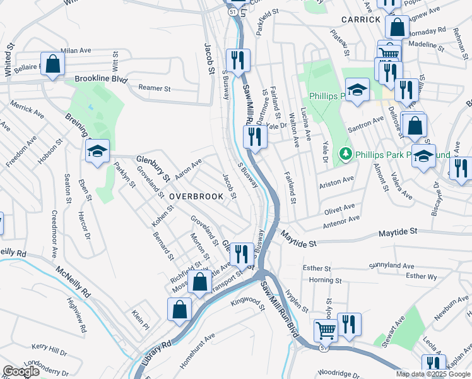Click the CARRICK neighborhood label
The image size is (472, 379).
[x=361, y=20]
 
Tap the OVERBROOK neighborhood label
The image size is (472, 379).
[x=196, y=196]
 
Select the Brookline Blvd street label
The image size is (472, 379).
[x=101, y=80]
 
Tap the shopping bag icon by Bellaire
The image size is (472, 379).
[x=53, y=64]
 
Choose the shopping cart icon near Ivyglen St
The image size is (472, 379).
[x=326, y=329]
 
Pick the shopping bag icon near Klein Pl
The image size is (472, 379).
[x=179, y=310]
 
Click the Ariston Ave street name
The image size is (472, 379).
[x=336, y=182]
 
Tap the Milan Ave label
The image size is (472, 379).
[x=76, y=50]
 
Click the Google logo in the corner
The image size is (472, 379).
[x=21, y=371]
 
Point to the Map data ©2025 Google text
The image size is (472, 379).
[x=432, y=374]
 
